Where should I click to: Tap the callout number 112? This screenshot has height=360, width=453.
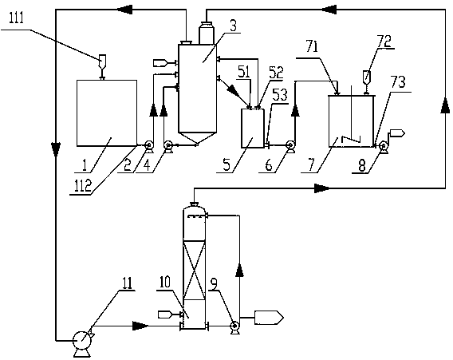[83, 185]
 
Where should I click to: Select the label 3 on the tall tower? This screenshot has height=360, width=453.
[233, 26]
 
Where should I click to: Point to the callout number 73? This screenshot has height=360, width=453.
[398, 82]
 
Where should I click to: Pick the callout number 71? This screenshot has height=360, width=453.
[312, 47]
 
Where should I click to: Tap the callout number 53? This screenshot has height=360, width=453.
[280, 94]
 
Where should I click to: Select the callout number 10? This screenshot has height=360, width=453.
[164, 283]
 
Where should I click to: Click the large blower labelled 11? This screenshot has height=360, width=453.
[82, 341]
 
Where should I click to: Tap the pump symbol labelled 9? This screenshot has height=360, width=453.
[234, 326]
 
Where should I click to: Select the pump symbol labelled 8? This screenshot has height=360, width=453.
[384, 145]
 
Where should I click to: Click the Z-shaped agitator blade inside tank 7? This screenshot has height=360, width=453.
[351, 139]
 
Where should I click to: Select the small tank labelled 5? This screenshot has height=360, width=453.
[253, 128]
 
